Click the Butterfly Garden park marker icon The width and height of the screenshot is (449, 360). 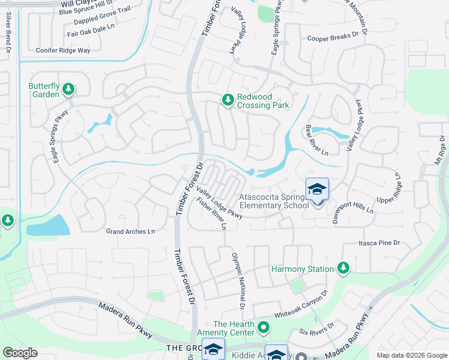[x=68, y=89]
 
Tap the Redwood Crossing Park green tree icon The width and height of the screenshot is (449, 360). [x=228, y=100]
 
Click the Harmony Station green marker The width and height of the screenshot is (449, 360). [x=343, y=268]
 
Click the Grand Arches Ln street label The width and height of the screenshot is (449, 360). [x=130, y=232]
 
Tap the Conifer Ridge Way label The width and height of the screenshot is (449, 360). [x=63, y=50]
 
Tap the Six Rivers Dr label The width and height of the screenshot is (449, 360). [x=316, y=332]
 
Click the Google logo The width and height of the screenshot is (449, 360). [x=20, y=353]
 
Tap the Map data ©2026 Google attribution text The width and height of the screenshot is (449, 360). [x=412, y=355]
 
